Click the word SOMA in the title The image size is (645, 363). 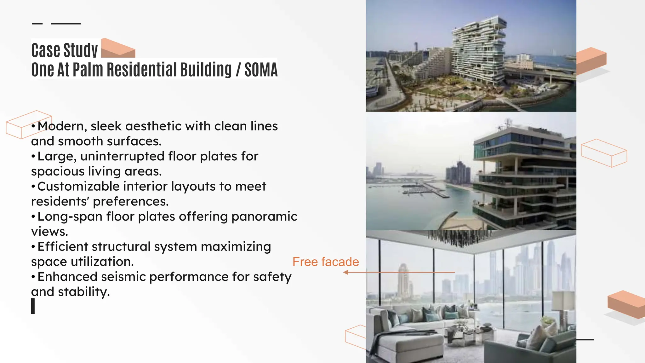261,70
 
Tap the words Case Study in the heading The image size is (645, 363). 65,50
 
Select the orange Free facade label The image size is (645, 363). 326,262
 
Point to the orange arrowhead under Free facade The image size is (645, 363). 346,272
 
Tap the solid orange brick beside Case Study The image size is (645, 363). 118,49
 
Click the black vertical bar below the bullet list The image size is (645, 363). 33,306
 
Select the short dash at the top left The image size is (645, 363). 37,24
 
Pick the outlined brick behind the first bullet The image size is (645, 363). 28,124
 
